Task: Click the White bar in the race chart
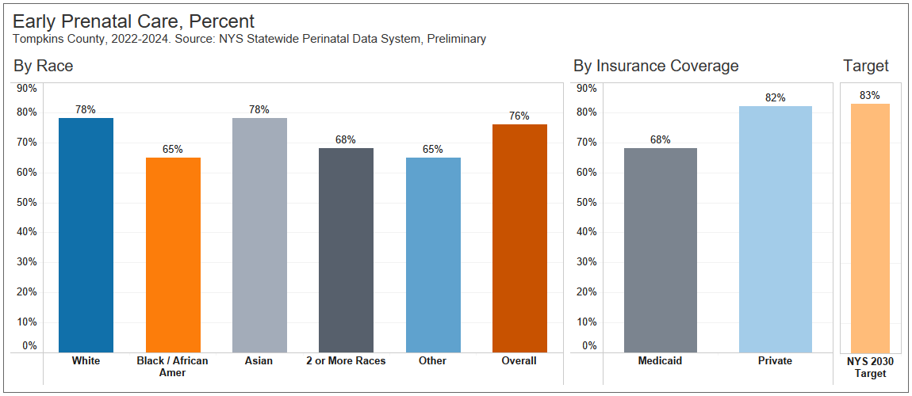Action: point(86,234)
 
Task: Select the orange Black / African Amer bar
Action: point(173,254)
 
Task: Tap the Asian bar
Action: point(259,234)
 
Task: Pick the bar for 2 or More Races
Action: point(346,249)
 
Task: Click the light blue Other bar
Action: point(433,254)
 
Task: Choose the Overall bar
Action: point(519,238)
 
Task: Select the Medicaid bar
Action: point(661,249)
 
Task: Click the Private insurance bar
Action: point(775,229)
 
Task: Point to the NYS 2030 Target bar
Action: point(870,227)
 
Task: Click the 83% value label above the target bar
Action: point(870,96)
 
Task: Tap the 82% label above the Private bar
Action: point(775,98)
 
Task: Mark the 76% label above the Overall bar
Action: point(519,116)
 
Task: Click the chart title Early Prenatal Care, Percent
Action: point(134,21)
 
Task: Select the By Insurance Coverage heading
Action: point(656,66)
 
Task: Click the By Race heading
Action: point(44,66)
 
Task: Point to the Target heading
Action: point(866,66)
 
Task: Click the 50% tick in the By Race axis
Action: point(27,202)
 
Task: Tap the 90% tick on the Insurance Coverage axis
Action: point(587,88)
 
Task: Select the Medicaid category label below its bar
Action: point(660,361)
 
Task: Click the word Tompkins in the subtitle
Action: point(38,39)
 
